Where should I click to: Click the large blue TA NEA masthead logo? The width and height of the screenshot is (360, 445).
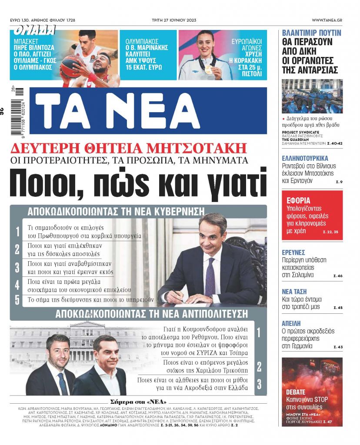click(150, 111)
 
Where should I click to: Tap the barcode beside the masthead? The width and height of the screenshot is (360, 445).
click(19, 111)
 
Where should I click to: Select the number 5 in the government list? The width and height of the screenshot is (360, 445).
click(17, 300)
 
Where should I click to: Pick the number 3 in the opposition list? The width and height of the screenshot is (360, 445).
click(259, 384)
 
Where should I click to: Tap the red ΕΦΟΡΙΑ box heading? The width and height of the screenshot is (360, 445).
click(298, 200)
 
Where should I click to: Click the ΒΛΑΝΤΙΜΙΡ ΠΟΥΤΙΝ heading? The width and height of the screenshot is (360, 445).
click(311, 33)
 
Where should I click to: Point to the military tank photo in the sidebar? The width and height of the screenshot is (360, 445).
click(312, 96)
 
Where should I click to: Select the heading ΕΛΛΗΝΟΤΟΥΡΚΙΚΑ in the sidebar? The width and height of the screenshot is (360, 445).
click(305, 158)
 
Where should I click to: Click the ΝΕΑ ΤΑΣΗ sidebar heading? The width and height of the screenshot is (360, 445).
click(294, 291)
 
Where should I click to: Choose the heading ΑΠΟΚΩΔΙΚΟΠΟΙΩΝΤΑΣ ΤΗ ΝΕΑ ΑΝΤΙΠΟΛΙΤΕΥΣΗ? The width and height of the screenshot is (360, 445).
click(151, 314)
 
